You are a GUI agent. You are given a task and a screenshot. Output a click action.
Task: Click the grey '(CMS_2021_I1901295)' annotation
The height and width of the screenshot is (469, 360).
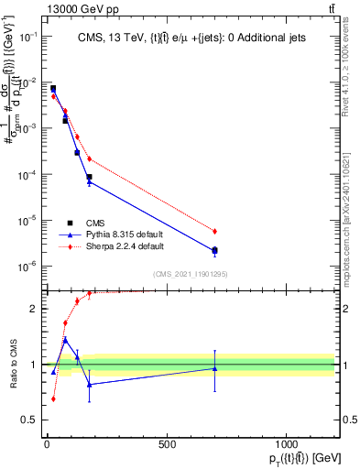(x=189, y=274)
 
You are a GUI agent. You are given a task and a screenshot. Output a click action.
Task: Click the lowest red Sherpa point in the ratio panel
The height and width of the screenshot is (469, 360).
(x=53, y=398)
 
